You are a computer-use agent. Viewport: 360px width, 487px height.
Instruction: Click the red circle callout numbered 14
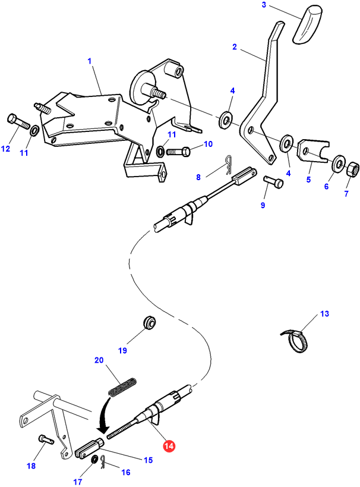[170, 446]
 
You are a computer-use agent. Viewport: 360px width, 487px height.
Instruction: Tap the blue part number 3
[264, 5]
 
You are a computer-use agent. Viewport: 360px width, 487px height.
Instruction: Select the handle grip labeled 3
[307, 24]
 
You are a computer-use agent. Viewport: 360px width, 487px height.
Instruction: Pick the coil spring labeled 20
[122, 387]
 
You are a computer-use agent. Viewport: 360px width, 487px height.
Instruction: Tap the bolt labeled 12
[18, 121]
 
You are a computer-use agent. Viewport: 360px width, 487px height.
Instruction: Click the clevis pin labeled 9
[273, 181]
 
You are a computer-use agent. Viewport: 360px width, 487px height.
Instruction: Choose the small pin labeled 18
[46, 439]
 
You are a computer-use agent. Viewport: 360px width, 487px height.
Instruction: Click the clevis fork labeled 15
[89, 447]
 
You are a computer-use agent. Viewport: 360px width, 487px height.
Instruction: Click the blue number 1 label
[90, 61]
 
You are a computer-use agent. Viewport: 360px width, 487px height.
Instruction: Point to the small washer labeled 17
[94, 458]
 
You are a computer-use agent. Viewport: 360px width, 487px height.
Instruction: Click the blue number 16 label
[126, 472]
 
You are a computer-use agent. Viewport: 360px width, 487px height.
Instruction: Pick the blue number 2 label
[234, 47]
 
